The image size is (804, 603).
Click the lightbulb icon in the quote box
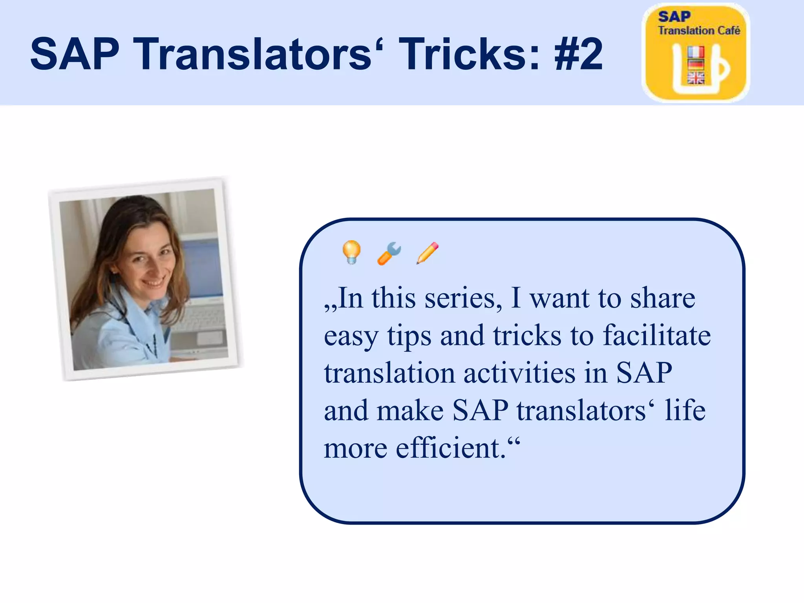click(x=351, y=252)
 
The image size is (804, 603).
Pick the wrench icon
click(x=389, y=254)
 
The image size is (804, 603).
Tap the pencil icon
click(x=428, y=253)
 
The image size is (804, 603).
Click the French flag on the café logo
click(x=696, y=52)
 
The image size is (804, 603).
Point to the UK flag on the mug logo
click(x=696, y=78)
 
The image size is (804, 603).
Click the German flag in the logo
click(x=696, y=64)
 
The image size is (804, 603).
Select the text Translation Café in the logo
click(x=699, y=31)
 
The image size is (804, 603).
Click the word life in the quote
click(x=685, y=411)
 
